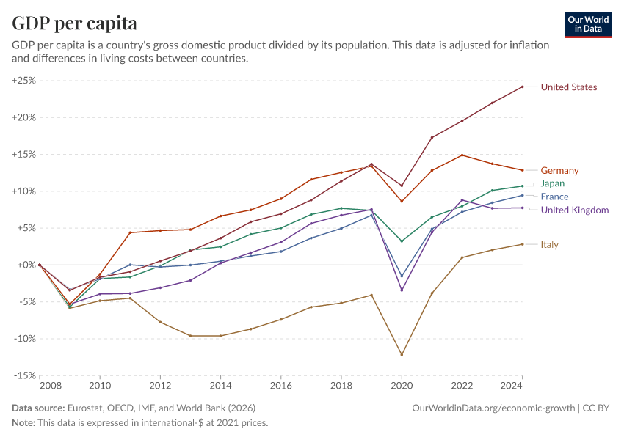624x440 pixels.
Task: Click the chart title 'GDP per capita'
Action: click(x=74, y=23)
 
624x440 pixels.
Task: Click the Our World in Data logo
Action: click(x=587, y=24)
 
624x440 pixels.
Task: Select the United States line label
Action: click(x=568, y=87)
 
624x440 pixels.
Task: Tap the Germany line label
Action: click(x=559, y=171)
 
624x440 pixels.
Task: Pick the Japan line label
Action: click(x=553, y=183)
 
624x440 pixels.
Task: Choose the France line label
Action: click(x=555, y=197)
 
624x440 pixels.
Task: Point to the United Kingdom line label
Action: click(x=574, y=210)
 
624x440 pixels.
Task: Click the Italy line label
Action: click(x=551, y=244)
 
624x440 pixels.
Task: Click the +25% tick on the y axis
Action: click(x=24, y=81)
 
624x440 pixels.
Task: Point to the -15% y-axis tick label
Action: click(x=25, y=375)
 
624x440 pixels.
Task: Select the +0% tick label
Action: click(x=26, y=265)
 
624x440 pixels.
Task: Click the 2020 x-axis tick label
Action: click(x=401, y=386)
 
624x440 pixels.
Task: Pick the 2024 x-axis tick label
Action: click(x=521, y=386)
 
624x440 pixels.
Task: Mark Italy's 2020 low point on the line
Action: click(x=402, y=355)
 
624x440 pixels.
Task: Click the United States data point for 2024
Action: click(x=522, y=87)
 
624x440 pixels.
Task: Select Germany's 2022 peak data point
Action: click(x=462, y=155)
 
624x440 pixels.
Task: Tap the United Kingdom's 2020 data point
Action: click(x=402, y=290)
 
